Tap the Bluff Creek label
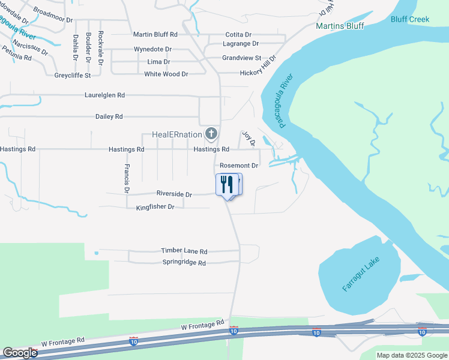(x=410, y=19)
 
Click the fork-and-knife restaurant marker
(x=227, y=184)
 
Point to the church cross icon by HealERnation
(x=210, y=133)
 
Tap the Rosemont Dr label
(x=239, y=165)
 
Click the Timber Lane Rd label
(x=184, y=251)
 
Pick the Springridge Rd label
(x=184, y=263)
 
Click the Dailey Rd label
(x=109, y=116)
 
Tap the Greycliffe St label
(x=73, y=75)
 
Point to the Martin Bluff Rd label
(x=155, y=35)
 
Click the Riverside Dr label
(x=174, y=194)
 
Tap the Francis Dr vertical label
(x=127, y=178)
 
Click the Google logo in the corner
(x=20, y=353)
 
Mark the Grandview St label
(x=241, y=58)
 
